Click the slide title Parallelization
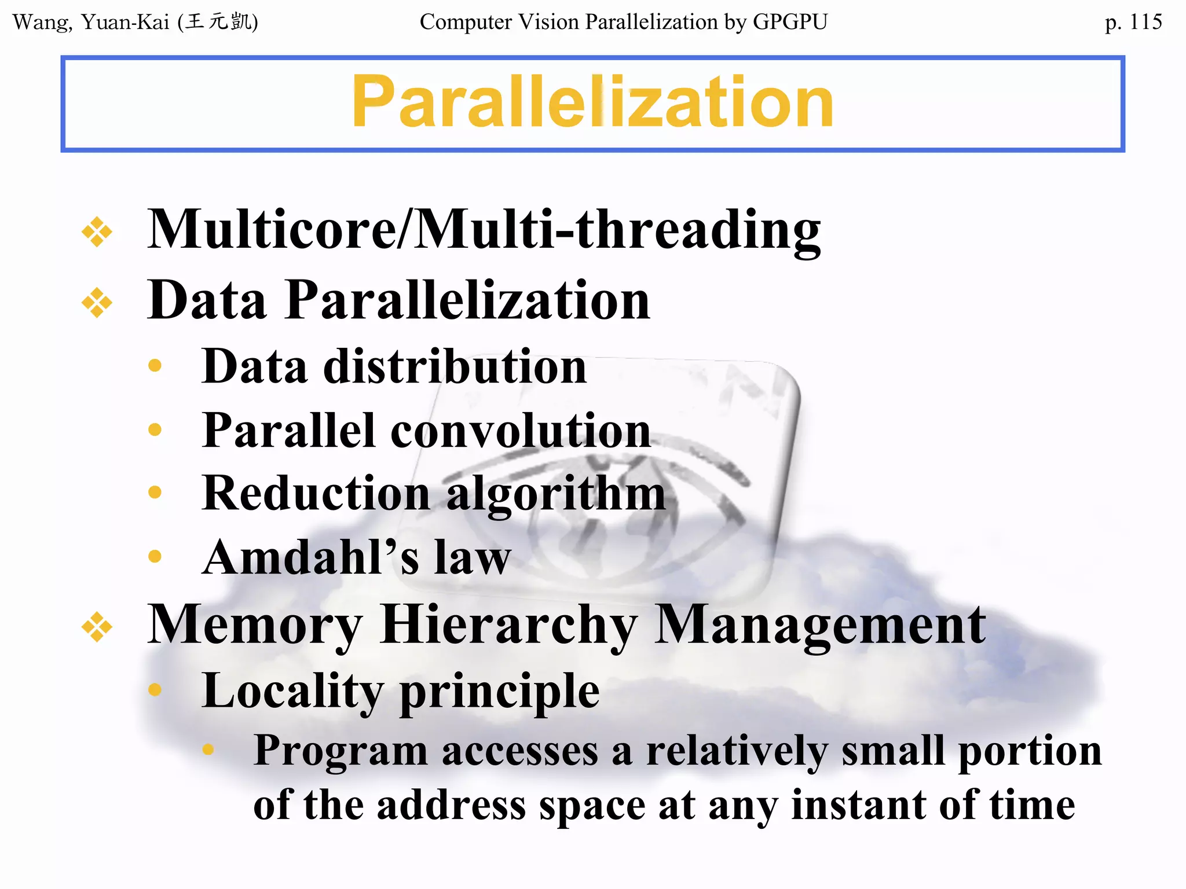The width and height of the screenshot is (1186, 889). pos(592,102)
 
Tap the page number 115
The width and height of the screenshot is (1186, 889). pos(1145,22)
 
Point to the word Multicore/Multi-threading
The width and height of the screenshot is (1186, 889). pos(484,230)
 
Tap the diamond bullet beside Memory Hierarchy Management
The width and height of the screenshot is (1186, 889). pos(97,627)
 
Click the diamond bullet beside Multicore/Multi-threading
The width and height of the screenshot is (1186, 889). pos(97,232)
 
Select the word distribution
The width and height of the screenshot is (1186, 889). pos(455,366)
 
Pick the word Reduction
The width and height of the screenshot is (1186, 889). pos(316,494)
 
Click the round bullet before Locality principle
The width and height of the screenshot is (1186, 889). pos(155,689)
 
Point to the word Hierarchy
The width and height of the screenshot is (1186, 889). pos(509,626)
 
